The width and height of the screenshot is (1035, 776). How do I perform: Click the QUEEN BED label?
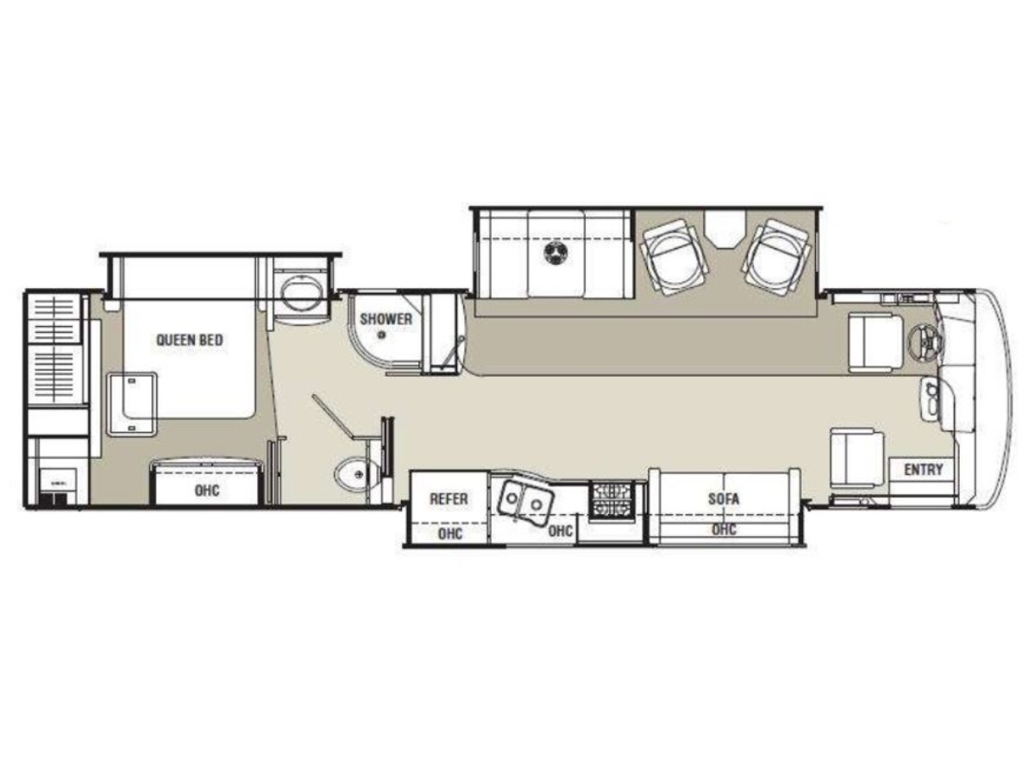pyautogui.click(x=190, y=340)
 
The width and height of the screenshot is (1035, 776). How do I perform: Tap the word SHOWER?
pyautogui.click(x=386, y=319)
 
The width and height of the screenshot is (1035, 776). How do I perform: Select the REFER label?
pyautogui.click(x=448, y=499)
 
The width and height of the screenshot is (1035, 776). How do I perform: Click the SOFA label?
pyautogui.click(x=724, y=499)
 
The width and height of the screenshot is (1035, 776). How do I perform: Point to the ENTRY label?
pyautogui.click(x=924, y=470)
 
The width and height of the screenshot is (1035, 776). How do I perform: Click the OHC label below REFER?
pyautogui.click(x=450, y=534)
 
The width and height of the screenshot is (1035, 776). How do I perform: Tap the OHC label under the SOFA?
pyautogui.click(x=724, y=529)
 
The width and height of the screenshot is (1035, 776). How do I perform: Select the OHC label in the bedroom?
pyautogui.click(x=207, y=491)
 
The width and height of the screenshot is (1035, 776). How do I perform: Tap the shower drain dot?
pyautogui.click(x=382, y=335)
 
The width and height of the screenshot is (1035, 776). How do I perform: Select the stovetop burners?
pyautogui.click(x=612, y=500)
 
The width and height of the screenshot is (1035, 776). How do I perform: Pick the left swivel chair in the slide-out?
pyautogui.click(x=674, y=256)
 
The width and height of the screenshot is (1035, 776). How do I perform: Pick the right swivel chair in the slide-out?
pyautogui.click(x=776, y=256)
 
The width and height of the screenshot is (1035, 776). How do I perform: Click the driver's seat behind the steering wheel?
pyautogui.click(x=876, y=344)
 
